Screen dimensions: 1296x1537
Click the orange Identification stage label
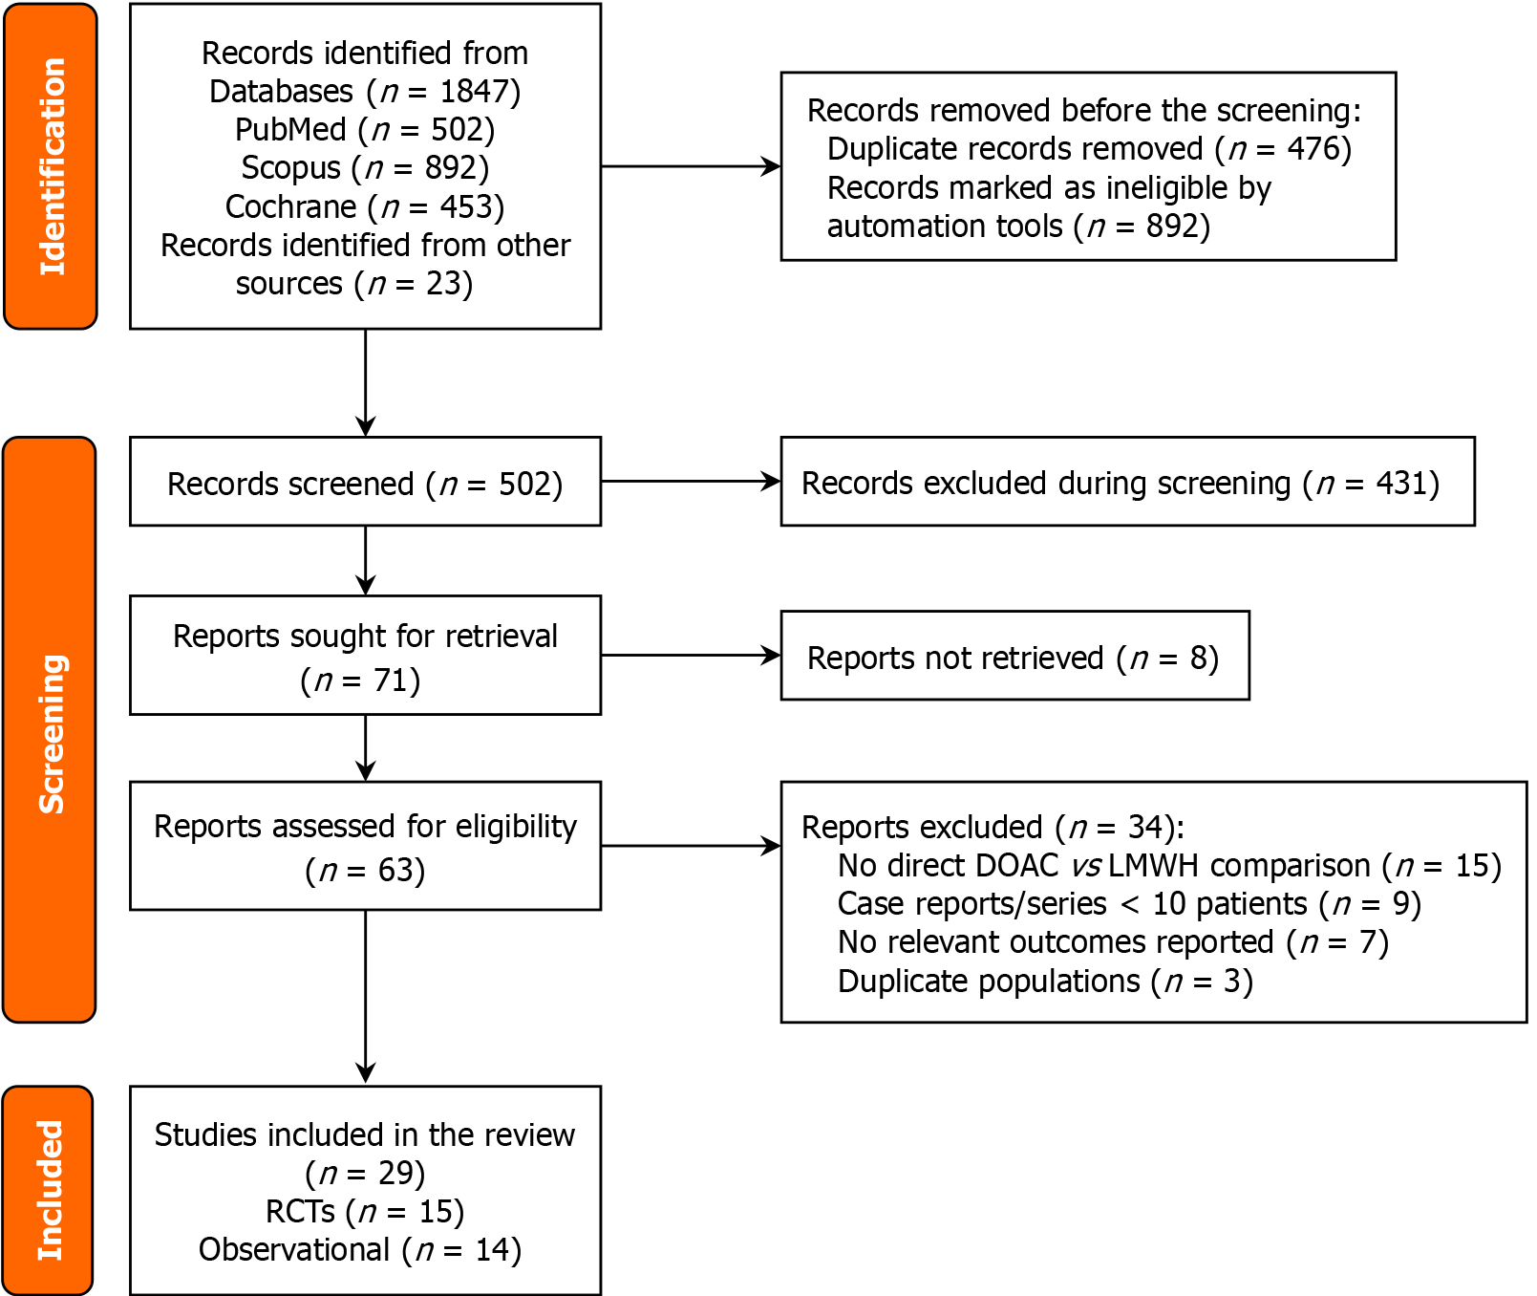pyautogui.click(x=51, y=167)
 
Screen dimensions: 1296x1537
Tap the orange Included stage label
pyautogui.click(x=49, y=1190)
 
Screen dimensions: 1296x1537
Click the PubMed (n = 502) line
pyautogui.click(x=365, y=130)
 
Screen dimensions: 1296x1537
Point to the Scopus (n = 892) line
pyautogui.click(x=365, y=168)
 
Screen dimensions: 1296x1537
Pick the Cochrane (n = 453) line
pyautogui.click(x=365, y=206)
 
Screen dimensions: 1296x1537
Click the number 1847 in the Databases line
pyautogui.click(x=474, y=92)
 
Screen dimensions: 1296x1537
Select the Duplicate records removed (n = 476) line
pyautogui.click(x=1089, y=149)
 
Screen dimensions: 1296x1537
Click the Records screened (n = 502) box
pyautogui.click(x=365, y=483)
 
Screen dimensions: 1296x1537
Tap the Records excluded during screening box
pyautogui.click(x=1127, y=483)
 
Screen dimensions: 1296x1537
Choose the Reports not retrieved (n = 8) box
pyautogui.click(x=1014, y=657)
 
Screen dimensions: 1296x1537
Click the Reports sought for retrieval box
pyautogui.click(x=365, y=656)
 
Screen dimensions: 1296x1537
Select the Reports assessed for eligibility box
pyautogui.click(x=365, y=846)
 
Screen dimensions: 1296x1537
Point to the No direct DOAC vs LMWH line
pyautogui.click(x=1169, y=866)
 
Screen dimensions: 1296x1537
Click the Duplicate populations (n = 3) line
pyautogui.click(x=1045, y=982)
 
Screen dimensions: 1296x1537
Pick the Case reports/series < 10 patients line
pyautogui.click(x=1129, y=904)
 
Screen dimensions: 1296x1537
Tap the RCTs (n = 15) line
pyautogui.click(x=365, y=1212)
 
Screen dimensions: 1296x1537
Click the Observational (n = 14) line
pyautogui.click(x=360, y=1250)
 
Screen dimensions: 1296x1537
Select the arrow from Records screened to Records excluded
pyautogui.click(x=690, y=482)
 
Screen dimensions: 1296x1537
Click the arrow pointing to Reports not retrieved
pyautogui.click(x=690, y=656)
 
